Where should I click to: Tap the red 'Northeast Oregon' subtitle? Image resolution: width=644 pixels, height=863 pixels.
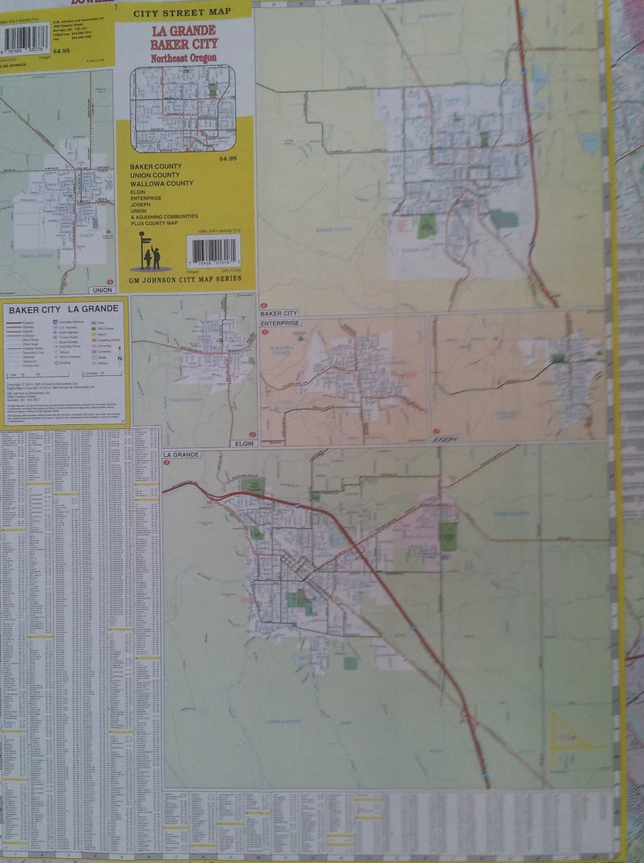tap(183, 58)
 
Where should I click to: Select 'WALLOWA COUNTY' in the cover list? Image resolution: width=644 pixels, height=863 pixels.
tap(161, 183)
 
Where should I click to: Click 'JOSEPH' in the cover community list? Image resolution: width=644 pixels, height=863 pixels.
tap(141, 204)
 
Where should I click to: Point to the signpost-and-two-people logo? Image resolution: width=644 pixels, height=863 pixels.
tap(149, 252)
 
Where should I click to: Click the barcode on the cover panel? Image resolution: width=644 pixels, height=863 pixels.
tap(213, 250)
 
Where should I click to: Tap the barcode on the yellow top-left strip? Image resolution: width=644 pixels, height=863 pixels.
tap(26, 37)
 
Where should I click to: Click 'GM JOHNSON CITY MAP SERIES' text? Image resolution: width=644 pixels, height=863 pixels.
tap(185, 278)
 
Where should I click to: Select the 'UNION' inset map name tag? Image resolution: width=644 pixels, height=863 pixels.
tap(100, 290)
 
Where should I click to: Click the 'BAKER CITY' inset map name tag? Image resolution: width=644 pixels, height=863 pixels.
tap(279, 314)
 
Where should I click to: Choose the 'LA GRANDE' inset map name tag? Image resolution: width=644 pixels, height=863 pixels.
tap(181, 455)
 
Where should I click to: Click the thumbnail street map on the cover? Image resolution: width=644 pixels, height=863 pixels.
tap(183, 108)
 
